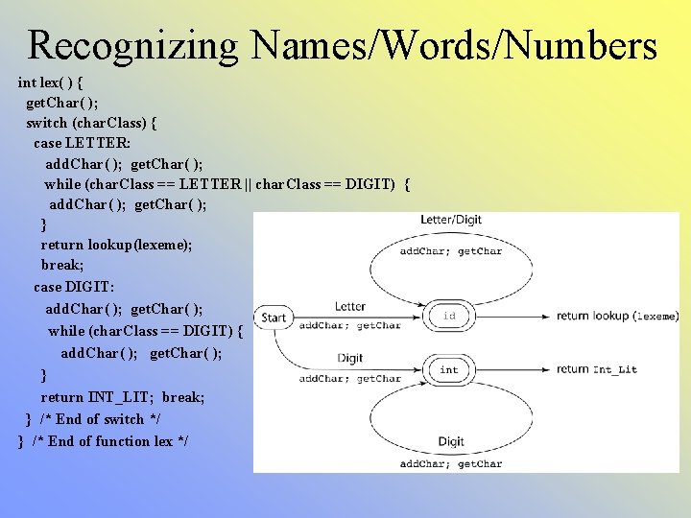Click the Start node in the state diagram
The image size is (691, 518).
[x=274, y=318]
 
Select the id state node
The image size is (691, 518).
[x=449, y=316]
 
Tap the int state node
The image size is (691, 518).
[x=449, y=369]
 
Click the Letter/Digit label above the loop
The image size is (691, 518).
[x=451, y=221]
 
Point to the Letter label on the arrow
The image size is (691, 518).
[x=350, y=307]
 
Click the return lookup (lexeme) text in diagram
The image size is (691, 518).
[x=617, y=316]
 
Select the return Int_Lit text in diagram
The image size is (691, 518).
[x=596, y=369]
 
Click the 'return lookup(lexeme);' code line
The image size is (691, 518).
[x=116, y=245]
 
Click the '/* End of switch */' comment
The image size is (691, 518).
[x=100, y=419]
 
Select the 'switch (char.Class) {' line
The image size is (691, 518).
[x=92, y=123]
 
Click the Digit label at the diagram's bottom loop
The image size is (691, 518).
[x=451, y=442]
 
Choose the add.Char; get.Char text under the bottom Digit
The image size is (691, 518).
[x=451, y=464]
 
